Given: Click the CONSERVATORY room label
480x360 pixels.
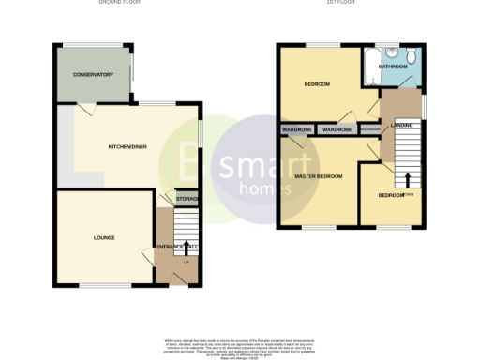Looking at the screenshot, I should point(94,74).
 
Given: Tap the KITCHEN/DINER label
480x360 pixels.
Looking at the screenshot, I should point(126,146).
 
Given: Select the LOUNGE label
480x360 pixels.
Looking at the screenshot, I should point(104,237).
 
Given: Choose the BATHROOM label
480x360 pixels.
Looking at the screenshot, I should point(393,67).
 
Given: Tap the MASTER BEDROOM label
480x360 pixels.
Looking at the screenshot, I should point(319,176).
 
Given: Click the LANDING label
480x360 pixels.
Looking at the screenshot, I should point(402,124).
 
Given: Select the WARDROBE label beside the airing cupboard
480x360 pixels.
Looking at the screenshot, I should point(337,129).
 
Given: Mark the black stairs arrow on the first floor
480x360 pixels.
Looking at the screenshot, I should point(409,178).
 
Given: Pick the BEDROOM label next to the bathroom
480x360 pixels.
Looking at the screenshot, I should point(317,84).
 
